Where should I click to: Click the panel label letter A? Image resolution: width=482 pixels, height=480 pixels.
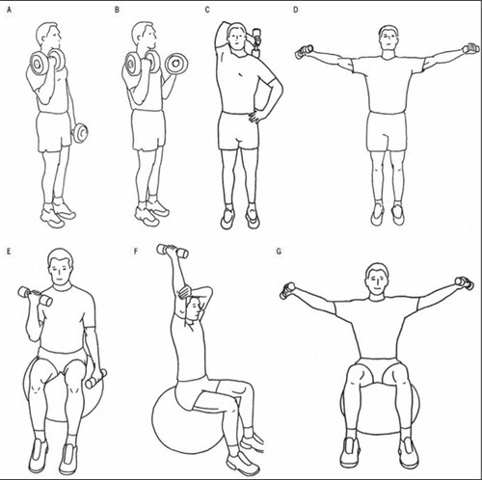click(x=9, y=10)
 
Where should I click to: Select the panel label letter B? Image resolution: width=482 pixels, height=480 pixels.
click(x=117, y=10)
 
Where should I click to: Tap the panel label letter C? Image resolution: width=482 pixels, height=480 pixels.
click(x=207, y=10)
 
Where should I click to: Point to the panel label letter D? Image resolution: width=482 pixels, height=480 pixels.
click(x=296, y=10)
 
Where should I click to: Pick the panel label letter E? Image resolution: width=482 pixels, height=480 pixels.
click(x=9, y=252)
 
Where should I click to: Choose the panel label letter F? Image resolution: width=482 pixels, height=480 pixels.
click(x=136, y=252)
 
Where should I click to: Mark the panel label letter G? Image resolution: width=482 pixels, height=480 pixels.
click(x=279, y=252)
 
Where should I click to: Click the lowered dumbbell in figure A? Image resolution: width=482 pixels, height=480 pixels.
click(x=80, y=133)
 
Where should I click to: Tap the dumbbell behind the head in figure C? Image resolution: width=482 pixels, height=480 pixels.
click(x=256, y=43)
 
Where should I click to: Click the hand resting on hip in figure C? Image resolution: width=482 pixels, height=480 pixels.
click(x=255, y=116)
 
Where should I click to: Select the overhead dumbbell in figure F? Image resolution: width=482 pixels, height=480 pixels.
click(x=173, y=251)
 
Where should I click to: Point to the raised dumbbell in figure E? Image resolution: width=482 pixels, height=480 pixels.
click(x=35, y=296)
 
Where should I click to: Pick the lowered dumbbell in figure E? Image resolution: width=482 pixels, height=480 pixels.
click(x=95, y=379)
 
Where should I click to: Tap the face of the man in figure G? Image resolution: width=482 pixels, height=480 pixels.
click(x=378, y=281)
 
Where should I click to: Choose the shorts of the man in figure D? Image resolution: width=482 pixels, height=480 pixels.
click(x=387, y=131)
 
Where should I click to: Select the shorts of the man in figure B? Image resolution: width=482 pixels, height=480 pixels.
click(x=148, y=130)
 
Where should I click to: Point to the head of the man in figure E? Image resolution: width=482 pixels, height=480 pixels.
click(x=61, y=266)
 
